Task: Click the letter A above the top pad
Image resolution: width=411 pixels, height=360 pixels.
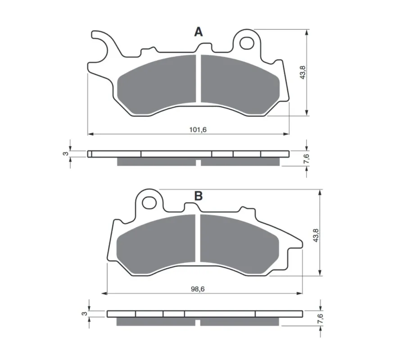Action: coord(199,32)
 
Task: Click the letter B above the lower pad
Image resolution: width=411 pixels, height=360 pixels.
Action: coord(199,196)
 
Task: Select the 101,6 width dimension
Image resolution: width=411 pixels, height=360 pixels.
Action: coord(198,130)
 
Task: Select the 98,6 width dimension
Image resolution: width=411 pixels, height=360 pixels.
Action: coord(198,289)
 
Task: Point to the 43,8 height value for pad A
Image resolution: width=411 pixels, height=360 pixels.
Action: coord(303,72)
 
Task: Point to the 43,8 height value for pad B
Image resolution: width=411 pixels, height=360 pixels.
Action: coord(316,235)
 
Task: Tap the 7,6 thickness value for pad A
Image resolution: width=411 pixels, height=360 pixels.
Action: coord(307,159)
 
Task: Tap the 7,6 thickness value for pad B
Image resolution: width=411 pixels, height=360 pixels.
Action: coord(321,319)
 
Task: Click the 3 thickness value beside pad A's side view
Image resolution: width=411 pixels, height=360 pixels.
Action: coord(66,153)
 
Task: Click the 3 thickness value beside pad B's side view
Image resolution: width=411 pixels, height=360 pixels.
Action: coord(84,313)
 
